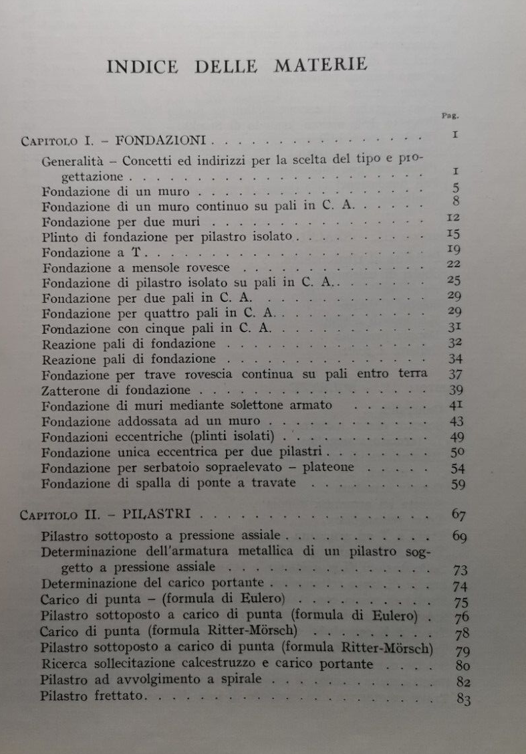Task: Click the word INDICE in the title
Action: pos(142,67)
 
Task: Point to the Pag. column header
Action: pos(450,114)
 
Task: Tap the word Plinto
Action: pos(59,236)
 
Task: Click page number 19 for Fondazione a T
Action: pos(454,250)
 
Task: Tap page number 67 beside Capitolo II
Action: pos(458,514)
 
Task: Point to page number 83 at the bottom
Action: pos(463,699)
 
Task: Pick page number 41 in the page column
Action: pos(456,405)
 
